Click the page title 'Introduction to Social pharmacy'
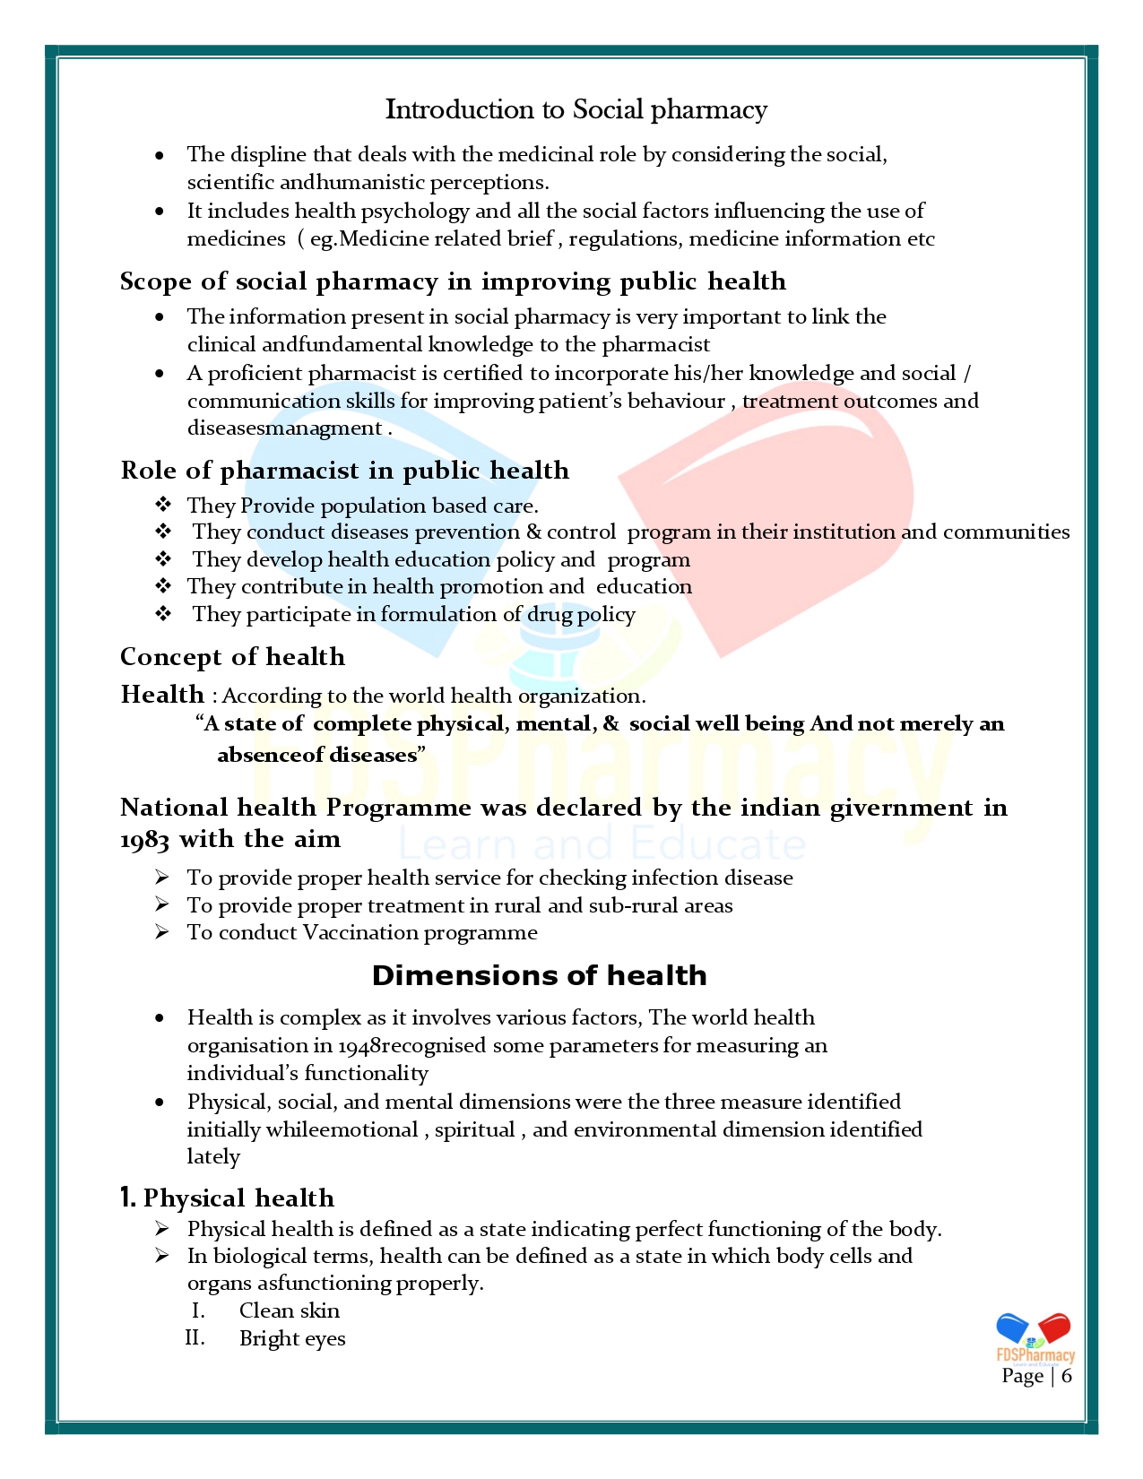[576, 109]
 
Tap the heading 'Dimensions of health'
[539, 975]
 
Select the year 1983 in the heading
[144, 840]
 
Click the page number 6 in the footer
[1066, 1376]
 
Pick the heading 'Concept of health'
[232, 656]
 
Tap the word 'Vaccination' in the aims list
[359, 932]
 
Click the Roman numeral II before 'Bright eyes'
[195, 1338]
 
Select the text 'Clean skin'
[289, 1310]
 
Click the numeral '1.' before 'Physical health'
[128, 1198]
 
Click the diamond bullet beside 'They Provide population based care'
[163, 505]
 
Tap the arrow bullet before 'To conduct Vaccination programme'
[161, 932]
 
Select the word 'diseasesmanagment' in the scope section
[284, 428]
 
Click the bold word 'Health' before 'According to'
[162, 695]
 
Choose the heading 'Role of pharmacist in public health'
[344, 471]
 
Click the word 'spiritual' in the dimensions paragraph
[474, 1129]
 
